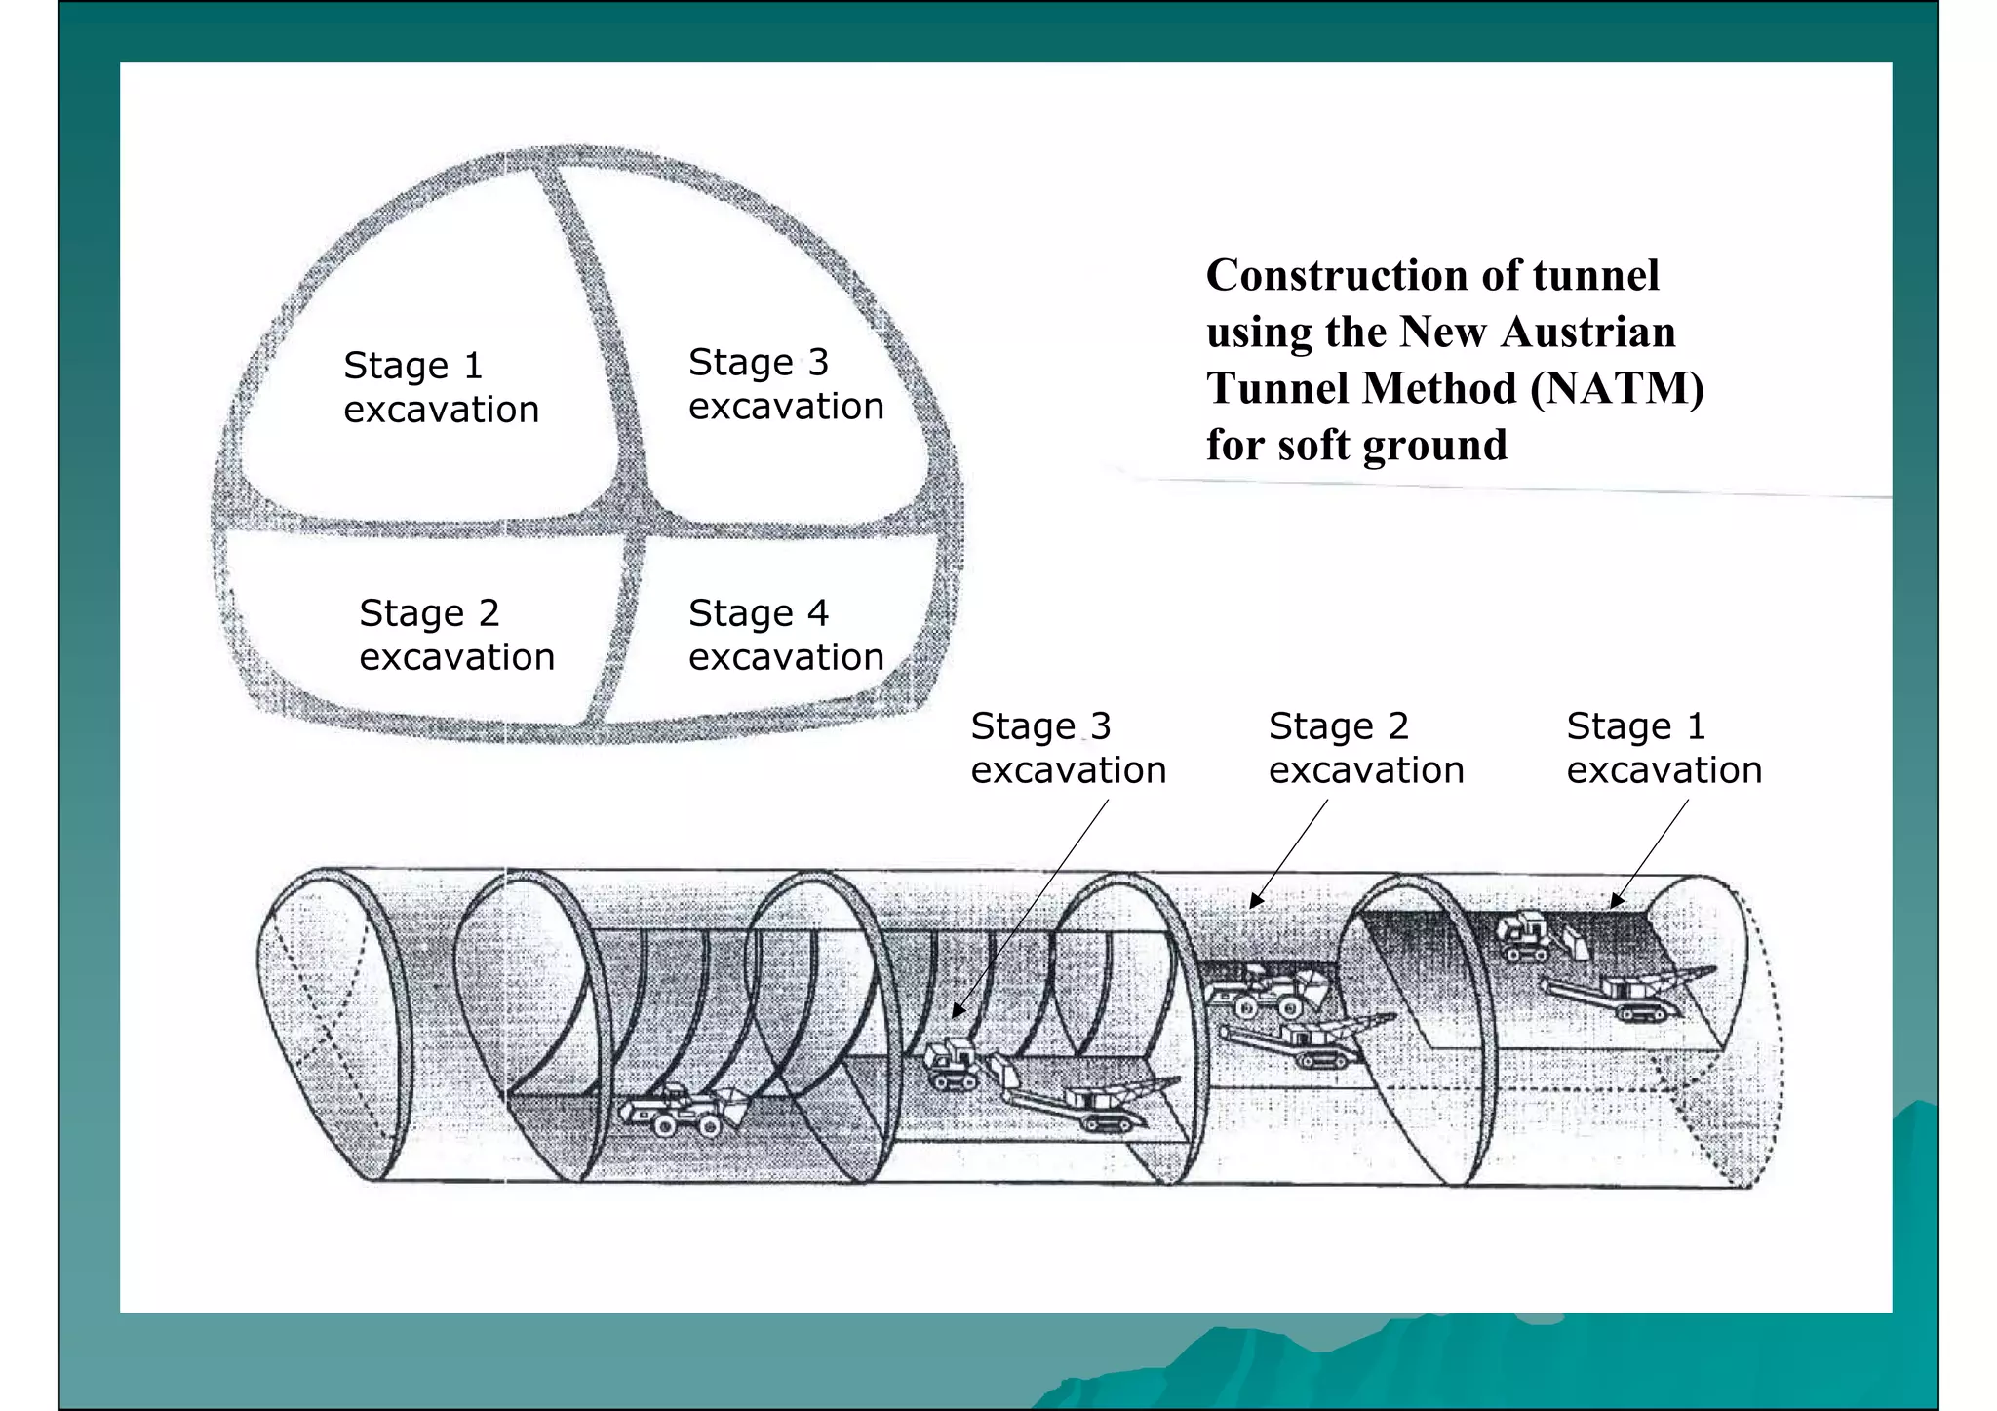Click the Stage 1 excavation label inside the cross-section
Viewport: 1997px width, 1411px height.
click(441, 388)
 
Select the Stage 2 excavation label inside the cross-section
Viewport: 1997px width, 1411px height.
click(456, 636)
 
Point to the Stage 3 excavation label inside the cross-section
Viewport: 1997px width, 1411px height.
click(786, 384)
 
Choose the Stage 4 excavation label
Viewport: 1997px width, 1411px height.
click(786, 636)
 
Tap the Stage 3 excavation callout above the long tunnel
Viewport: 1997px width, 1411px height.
click(1068, 749)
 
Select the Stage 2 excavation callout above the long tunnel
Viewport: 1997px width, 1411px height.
click(1366, 749)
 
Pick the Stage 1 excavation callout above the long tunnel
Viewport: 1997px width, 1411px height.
click(1664, 749)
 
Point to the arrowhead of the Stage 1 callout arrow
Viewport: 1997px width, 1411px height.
click(1615, 903)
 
